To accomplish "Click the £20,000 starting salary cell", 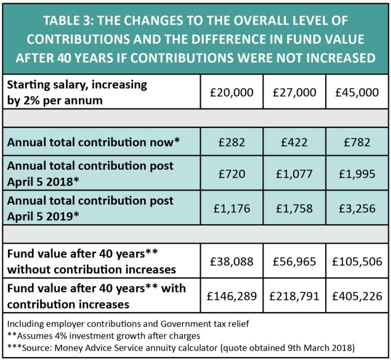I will tap(232, 92).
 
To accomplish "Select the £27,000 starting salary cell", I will tap(294, 92).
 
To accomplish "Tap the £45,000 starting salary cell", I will tap(357, 92).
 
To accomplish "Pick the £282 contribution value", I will tap(232, 142).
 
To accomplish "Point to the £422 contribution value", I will tap(294, 142).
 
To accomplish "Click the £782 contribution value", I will tap(357, 142).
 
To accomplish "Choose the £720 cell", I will tap(232, 175).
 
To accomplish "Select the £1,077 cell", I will tap(294, 175).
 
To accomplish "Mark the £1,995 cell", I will tap(357, 175).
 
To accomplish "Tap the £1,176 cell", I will tap(232, 208).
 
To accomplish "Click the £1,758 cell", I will tap(294, 208).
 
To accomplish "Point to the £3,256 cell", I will tap(357, 208).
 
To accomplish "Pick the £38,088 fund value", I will tap(232, 261).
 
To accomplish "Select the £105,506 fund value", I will tap(357, 261).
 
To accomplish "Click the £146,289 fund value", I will tap(232, 295).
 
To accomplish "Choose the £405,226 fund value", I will tap(357, 295).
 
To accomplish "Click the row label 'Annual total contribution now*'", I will tap(93, 142).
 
